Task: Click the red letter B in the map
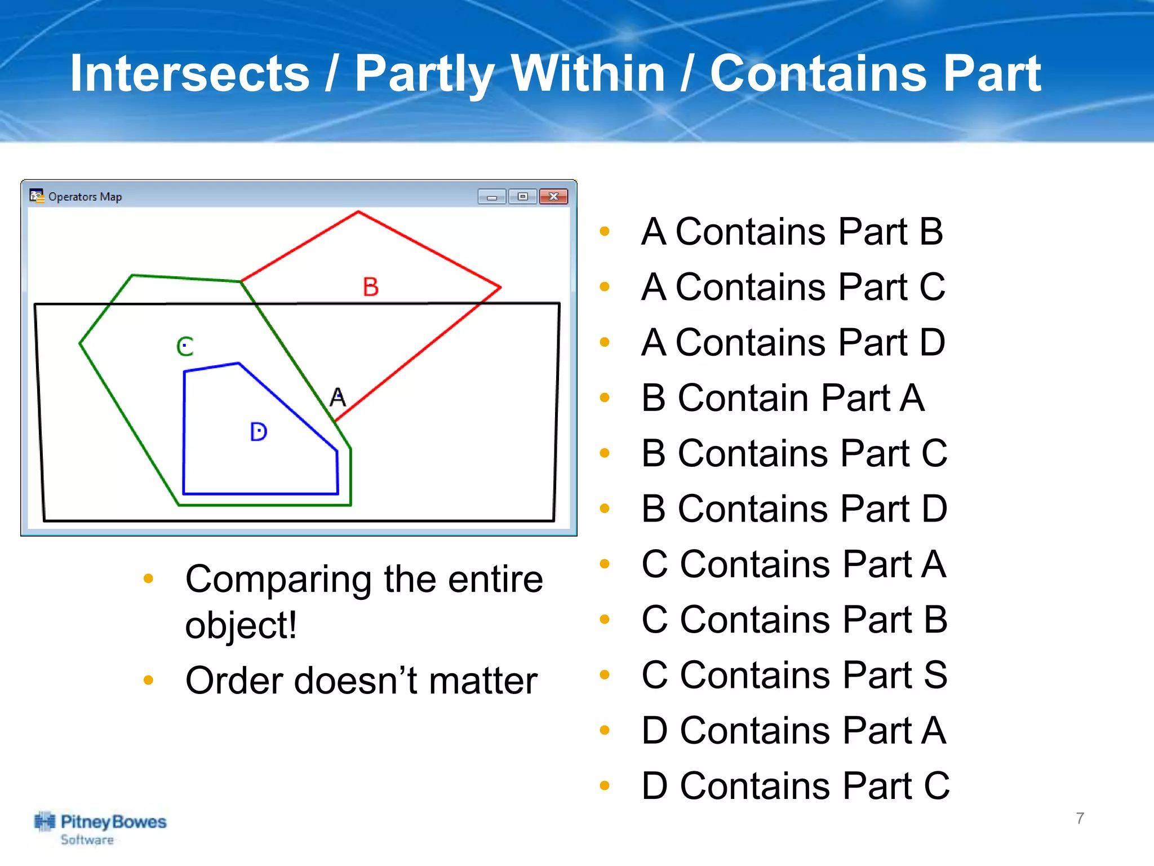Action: pos(370,287)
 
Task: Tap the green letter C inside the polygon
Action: pos(185,346)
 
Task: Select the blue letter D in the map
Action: pos(258,432)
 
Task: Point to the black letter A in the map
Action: pos(338,397)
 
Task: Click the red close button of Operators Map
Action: pos(553,196)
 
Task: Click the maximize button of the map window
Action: pos(522,196)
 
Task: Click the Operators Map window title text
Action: pos(85,197)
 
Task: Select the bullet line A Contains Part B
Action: pos(792,232)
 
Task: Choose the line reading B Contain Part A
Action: pos(783,398)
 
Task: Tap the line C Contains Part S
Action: pos(794,675)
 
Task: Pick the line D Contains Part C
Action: pos(795,786)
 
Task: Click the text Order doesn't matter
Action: pos(361,681)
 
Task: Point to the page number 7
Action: pos(1080,818)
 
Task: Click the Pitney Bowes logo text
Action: pos(113,823)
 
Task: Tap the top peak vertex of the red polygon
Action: pos(358,212)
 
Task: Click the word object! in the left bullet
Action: pos(241,625)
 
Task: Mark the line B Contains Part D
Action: pos(794,509)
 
